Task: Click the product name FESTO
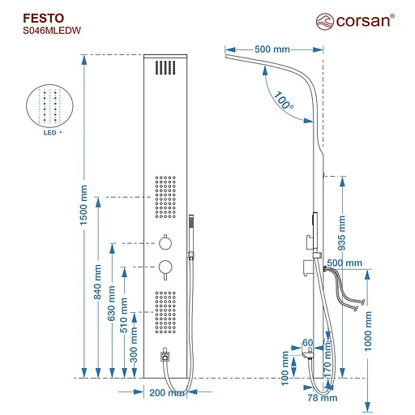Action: tap(35, 15)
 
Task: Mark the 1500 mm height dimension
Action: tap(83, 207)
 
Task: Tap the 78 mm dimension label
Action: tap(321, 397)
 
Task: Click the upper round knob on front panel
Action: tap(165, 241)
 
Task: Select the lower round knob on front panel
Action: tap(165, 266)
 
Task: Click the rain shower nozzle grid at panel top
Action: tap(165, 68)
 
